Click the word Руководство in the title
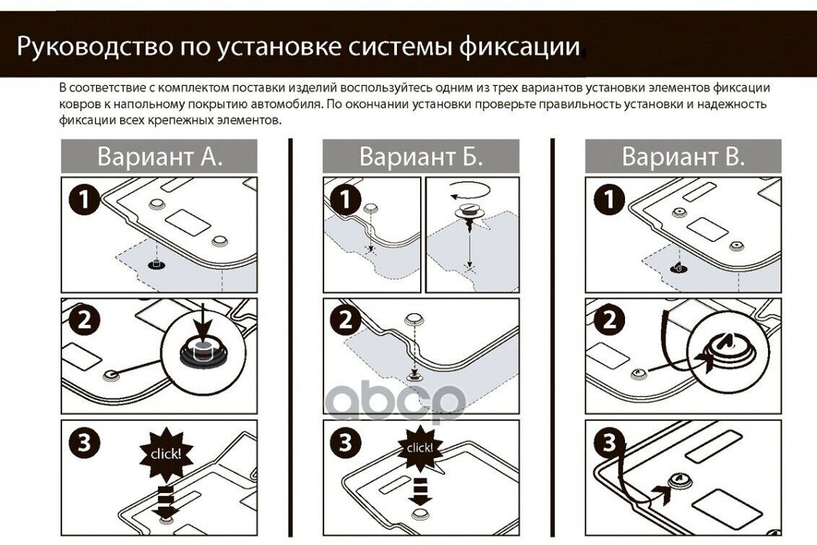[95, 47]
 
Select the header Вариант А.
[160, 157]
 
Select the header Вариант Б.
[421, 157]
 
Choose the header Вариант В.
[683, 157]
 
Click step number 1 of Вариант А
[84, 199]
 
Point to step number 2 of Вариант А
[84, 320]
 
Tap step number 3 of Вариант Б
[346, 443]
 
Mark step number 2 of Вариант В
[608, 320]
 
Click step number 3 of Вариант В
[608, 443]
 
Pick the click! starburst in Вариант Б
[419, 448]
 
